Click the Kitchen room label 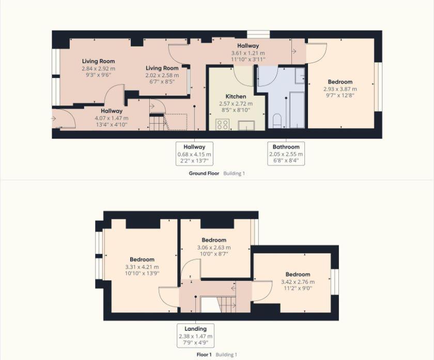click(236, 97)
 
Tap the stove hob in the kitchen click(223, 124)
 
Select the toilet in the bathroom click(277, 121)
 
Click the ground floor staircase click(157, 122)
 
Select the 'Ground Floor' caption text click(204, 174)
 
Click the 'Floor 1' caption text click(204, 355)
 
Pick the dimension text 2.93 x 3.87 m click(340, 89)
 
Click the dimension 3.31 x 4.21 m click(142, 267)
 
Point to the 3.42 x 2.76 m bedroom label click(298, 282)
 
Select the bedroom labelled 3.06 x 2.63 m click(214, 247)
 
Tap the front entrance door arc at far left click(65, 119)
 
